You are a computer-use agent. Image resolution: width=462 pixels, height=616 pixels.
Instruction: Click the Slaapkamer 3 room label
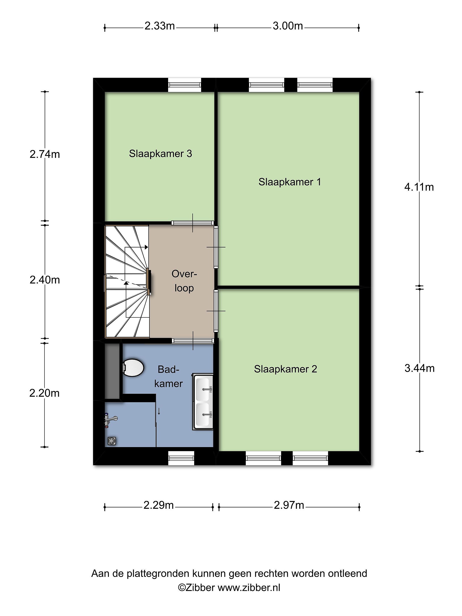[160, 154]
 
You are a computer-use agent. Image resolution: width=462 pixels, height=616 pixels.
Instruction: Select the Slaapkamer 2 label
[286, 369]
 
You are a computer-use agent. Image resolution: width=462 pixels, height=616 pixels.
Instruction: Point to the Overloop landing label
[184, 281]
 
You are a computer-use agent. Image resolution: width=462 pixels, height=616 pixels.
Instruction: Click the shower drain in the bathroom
[112, 441]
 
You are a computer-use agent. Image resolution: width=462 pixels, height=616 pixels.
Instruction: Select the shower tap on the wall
[111, 421]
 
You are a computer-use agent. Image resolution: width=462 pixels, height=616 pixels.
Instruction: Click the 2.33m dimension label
[160, 26]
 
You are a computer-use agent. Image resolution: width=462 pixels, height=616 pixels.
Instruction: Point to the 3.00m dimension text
[288, 26]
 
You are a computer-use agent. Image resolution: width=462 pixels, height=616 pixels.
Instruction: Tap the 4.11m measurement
[419, 187]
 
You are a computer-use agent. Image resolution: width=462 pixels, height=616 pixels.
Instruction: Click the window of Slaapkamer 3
[184, 85]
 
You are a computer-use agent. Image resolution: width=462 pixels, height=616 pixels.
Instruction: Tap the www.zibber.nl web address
[249, 588]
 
